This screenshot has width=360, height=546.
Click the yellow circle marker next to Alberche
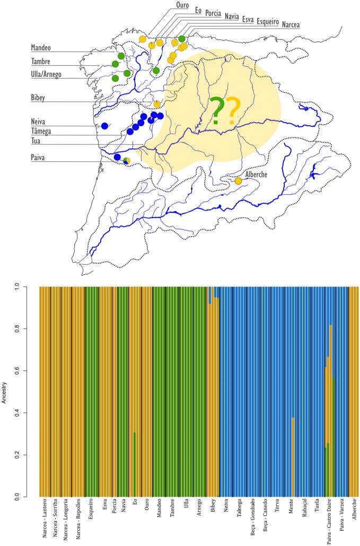238,181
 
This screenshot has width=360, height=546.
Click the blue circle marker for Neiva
104,126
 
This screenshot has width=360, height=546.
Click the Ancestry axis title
5,392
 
